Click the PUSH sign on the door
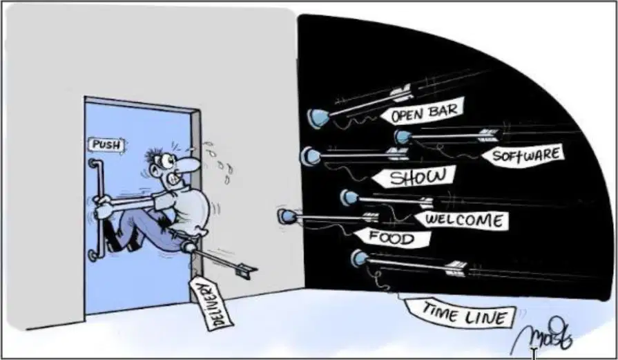coord(106,145)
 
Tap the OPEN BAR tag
coord(423,111)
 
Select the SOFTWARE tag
coord(523,155)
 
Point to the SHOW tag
coord(414,176)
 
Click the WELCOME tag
coord(461,220)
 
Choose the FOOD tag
coord(392,238)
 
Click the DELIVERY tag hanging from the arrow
coord(211,303)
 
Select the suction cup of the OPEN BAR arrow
coord(318,118)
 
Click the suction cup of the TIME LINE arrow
coord(359,258)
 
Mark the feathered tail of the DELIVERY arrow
coord(244,271)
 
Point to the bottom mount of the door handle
coord(93,255)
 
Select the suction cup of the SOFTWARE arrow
coord(402,138)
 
